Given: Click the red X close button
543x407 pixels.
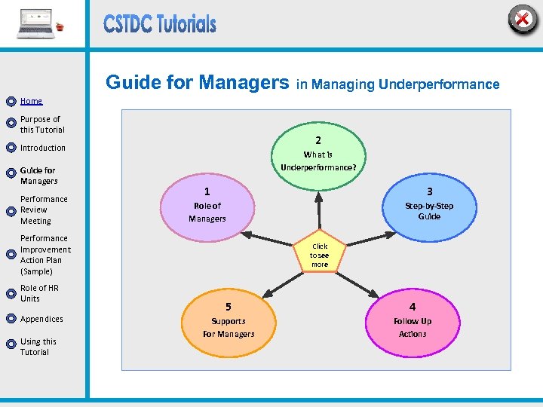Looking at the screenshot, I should (x=521, y=20).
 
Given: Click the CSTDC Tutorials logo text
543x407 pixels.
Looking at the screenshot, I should (x=160, y=24).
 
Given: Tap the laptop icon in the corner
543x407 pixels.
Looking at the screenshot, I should (x=36, y=24).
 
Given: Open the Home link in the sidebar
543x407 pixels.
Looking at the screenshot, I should (x=31, y=101).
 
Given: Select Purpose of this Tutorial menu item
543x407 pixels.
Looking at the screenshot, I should (x=42, y=124).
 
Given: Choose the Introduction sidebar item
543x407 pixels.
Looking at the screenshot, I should (x=43, y=148).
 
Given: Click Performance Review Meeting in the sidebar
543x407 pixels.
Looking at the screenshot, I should (x=44, y=210).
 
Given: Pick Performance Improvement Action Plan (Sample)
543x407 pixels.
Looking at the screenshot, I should (x=45, y=255).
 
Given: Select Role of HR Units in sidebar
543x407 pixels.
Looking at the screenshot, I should (x=39, y=293).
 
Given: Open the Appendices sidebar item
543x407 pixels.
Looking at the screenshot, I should (x=41, y=319).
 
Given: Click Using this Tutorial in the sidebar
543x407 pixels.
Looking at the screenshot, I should (x=38, y=347).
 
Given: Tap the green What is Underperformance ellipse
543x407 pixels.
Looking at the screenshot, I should (x=318, y=154).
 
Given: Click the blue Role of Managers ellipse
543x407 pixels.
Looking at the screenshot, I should (x=207, y=206).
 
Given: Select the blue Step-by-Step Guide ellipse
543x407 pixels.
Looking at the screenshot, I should (x=429, y=206).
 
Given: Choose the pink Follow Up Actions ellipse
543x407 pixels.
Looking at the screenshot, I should (x=413, y=321).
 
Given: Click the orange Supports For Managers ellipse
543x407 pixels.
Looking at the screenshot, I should (x=229, y=321).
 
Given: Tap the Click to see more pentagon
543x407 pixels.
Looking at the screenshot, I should (x=320, y=256).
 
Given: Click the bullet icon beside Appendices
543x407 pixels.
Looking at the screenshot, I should (x=11, y=320).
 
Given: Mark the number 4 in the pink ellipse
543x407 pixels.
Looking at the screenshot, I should (x=413, y=307).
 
